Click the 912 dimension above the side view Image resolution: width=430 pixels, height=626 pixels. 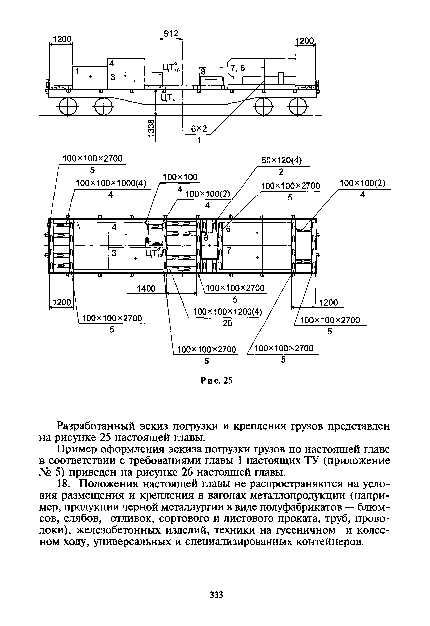[x=171, y=34]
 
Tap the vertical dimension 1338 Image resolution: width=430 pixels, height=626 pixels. [x=152, y=128]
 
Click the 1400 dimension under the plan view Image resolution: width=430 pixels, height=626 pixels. [x=146, y=289]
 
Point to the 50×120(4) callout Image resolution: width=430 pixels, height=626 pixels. [x=282, y=161]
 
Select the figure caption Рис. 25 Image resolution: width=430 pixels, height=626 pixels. [x=217, y=380]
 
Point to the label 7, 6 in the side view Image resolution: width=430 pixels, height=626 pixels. [x=237, y=68]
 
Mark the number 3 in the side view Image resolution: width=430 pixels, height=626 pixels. [x=113, y=77]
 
